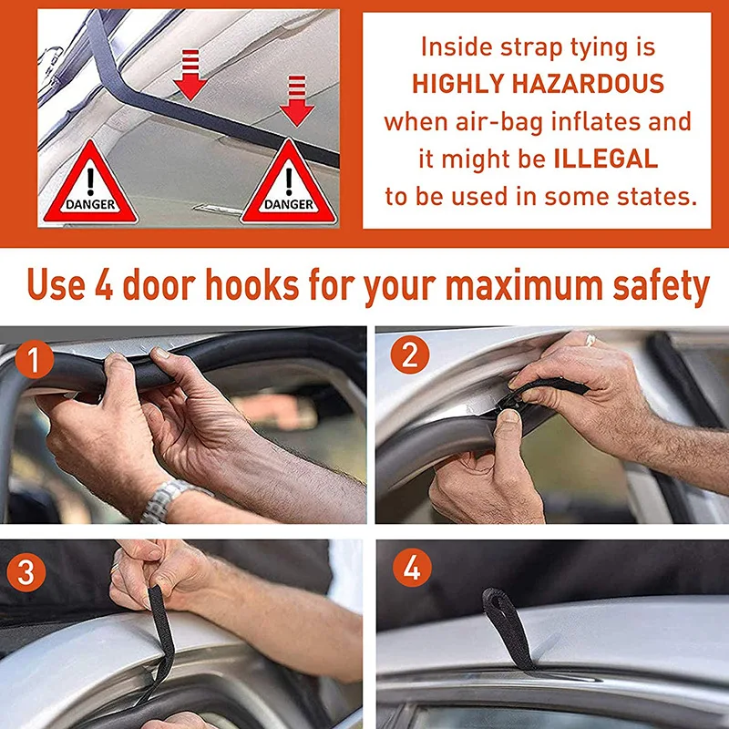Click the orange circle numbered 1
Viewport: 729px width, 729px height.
(x=34, y=359)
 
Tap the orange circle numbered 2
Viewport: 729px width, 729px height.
(x=409, y=354)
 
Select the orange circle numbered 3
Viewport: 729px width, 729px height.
(x=26, y=571)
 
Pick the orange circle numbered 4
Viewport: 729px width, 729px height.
(x=412, y=567)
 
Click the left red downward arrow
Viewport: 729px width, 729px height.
(x=190, y=75)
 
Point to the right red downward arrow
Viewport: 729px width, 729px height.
(x=297, y=100)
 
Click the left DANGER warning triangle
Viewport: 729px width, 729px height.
(x=90, y=183)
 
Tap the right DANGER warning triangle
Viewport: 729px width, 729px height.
(x=289, y=183)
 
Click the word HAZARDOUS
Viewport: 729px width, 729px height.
(x=588, y=84)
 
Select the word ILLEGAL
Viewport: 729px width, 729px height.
(x=606, y=159)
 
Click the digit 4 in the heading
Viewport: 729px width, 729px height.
(x=104, y=284)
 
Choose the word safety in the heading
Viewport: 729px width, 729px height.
(x=662, y=286)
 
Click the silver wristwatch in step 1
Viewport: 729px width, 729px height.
(x=164, y=499)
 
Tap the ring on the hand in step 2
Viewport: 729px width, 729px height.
(x=590, y=340)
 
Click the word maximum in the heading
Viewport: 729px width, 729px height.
(x=523, y=284)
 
